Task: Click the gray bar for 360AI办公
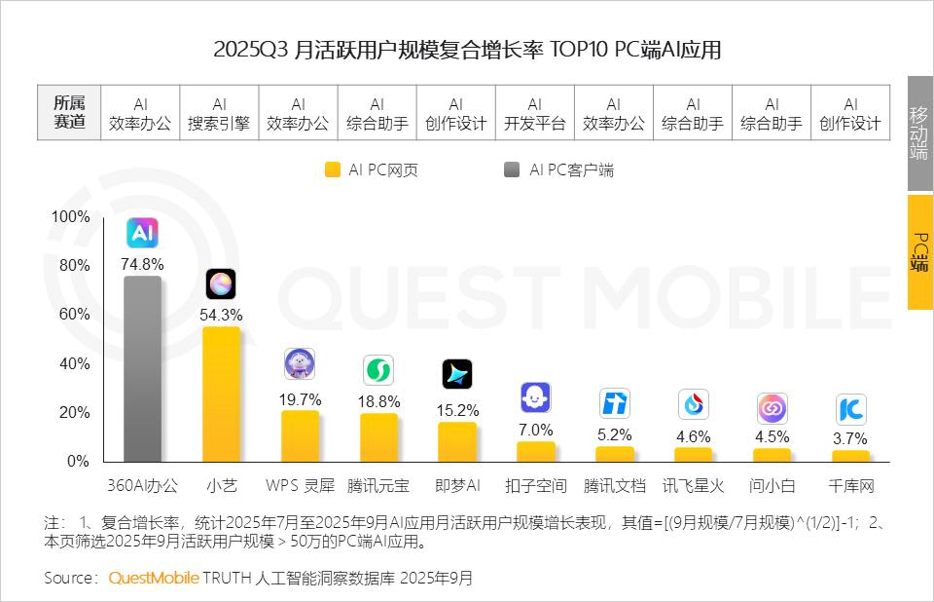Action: [x=142, y=369]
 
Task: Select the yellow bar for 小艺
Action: [x=221, y=394]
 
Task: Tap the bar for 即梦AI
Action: [x=457, y=442]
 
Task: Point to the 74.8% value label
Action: [x=142, y=264]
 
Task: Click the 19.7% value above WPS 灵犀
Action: [x=300, y=399]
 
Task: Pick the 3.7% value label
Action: [x=850, y=439]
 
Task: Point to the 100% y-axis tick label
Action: [x=70, y=216]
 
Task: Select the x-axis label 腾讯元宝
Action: [x=378, y=484]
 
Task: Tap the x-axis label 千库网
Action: [x=850, y=484]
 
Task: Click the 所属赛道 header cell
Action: [x=69, y=113]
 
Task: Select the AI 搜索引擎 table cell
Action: [x=219, y=113]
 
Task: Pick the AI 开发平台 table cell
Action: [x=534, y=113]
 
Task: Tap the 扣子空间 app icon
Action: [x=536, y=397]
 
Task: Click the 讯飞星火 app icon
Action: [x=693, y=403]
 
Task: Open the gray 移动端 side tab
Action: [x=919, y=132]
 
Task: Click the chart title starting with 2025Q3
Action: [x=467, y=50]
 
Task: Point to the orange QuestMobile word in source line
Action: [x=154, y=578]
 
